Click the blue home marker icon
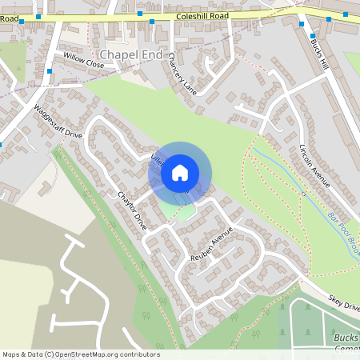180,172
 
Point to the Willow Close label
84,62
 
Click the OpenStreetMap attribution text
81,354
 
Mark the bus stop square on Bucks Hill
312,35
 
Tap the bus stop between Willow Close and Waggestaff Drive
50,71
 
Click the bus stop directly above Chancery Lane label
152,22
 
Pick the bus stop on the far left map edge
1,145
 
